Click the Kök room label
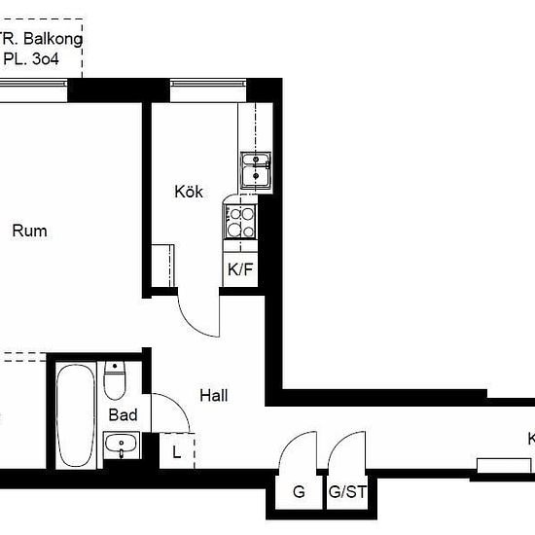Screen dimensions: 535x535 point(189,192)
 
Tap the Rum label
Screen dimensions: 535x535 point(29,232)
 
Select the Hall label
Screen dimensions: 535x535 point(213,396)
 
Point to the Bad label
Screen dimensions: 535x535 point(123,415)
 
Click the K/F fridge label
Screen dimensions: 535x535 point(240,270)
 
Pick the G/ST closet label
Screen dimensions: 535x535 point(347,492)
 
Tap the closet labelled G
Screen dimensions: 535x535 point(299,492)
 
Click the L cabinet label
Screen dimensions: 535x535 point(176,450)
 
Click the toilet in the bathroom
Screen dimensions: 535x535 point(115,380)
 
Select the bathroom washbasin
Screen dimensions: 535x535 point(123,446)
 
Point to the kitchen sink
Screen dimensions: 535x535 point(256,171)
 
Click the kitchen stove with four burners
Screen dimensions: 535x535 point(240,221)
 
